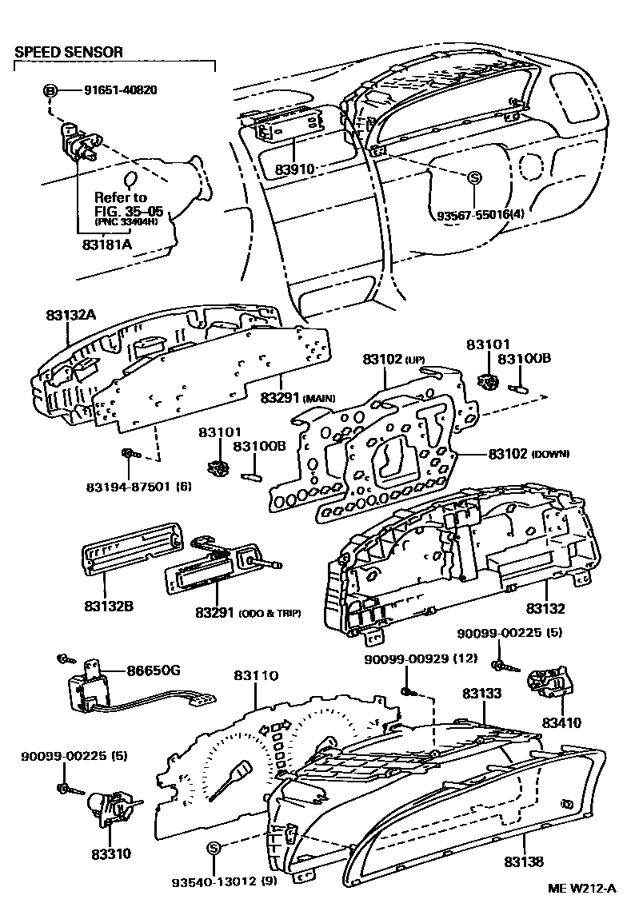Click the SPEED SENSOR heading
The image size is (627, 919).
coord(69,52)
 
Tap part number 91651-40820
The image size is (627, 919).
coord(120,90)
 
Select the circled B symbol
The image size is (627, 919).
coord(50,90)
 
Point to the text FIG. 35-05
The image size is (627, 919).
coord(121,210)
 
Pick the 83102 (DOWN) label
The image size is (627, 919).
coord(529,453)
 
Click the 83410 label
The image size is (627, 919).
coord(561,722)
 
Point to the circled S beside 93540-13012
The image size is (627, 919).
coord(213,848)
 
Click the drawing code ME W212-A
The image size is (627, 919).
coord(581,889)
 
